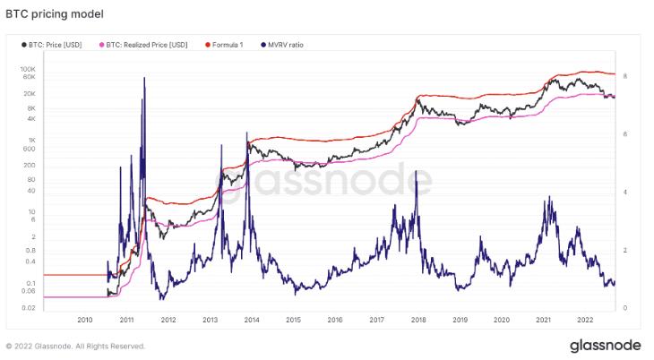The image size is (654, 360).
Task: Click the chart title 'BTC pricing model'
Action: (x=55, y=14)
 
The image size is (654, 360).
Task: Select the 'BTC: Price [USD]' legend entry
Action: (x=52, y=45)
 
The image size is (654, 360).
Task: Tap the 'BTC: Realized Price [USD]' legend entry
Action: (x=143, y=45)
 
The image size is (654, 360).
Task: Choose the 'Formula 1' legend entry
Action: (x=224, y=45)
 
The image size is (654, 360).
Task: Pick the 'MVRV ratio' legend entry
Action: (x=282, y=45)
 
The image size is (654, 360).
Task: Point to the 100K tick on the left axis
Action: (x=28, y=69)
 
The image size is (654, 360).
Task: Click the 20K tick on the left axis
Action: (x=30, y=93)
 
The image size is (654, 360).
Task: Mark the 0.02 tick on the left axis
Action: (x=29, y=308)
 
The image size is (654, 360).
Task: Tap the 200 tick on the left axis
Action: (x=30, y=165)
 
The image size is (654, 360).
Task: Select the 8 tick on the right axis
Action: (x=625, y=76)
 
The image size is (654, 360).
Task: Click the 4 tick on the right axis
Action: (x=625, y=193)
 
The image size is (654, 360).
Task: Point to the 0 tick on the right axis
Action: (x=625, y=308)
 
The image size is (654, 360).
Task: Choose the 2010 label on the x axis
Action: (x=85, y=320)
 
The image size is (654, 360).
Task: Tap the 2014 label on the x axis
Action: (x=252, y=320)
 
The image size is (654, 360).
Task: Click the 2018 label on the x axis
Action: (x=418, y=320)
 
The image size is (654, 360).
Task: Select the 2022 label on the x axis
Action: (x=585, y=320)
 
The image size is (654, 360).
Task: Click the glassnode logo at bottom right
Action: (x=606, y=346)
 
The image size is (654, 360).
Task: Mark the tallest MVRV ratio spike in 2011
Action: (x=144, y=78)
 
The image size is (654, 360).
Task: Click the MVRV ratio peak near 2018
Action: (x=416, y=171)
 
